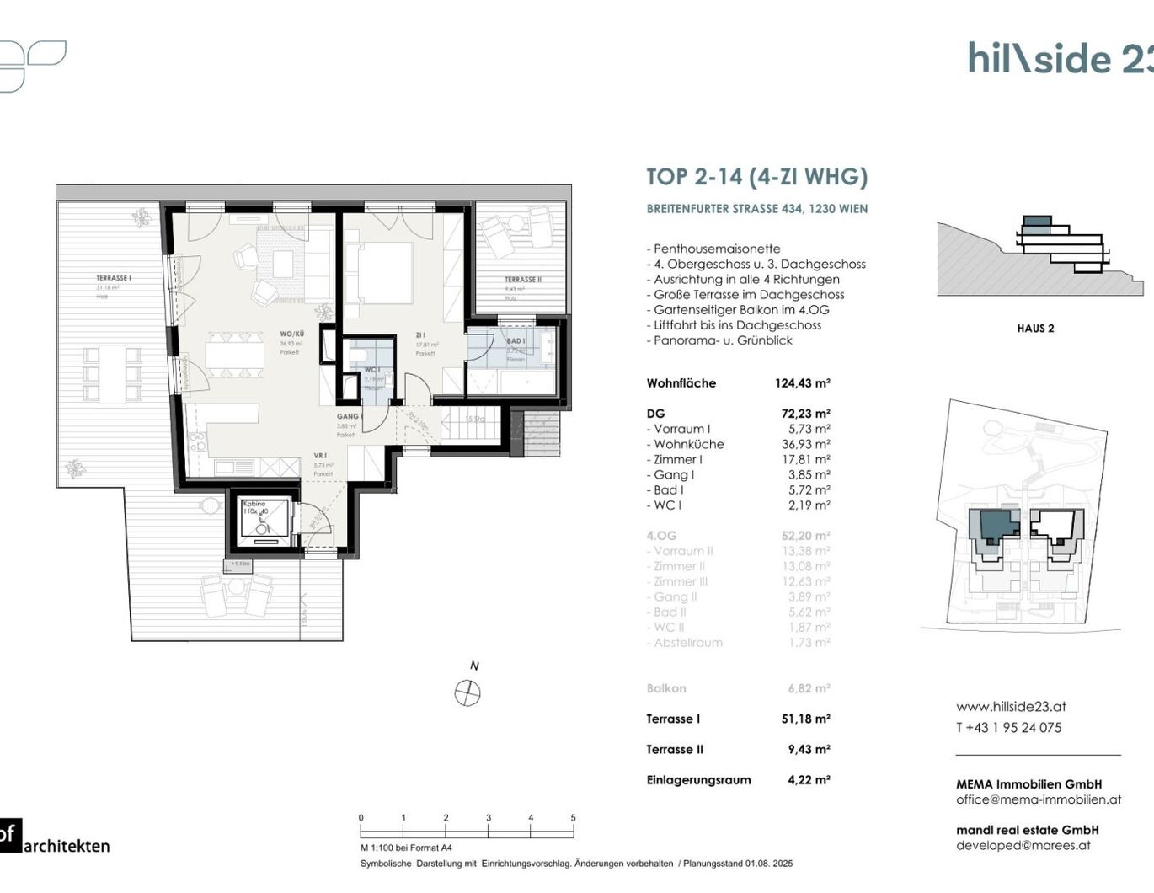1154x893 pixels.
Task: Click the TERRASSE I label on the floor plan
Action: point(113,278)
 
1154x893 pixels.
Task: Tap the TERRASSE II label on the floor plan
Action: point(523,280)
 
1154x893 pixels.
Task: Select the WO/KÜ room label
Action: point(292,334)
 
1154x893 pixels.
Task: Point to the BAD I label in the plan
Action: point(516,341)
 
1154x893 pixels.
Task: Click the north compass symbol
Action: point(467,693)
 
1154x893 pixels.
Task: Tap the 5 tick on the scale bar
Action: point(574,818)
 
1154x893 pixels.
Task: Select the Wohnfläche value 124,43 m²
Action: point(802,383)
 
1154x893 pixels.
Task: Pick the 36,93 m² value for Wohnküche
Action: point(805,444)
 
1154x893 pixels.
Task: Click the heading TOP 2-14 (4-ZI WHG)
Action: point(756,177)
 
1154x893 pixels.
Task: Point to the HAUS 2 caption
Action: point(1035,329)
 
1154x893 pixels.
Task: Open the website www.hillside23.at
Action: point(1011,707)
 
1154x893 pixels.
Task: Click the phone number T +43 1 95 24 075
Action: point(1008,728)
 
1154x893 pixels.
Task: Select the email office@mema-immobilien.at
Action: point(1038,799)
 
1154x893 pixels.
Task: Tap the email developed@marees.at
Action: point(1023,845)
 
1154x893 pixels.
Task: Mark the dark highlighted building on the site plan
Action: point(994,526)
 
